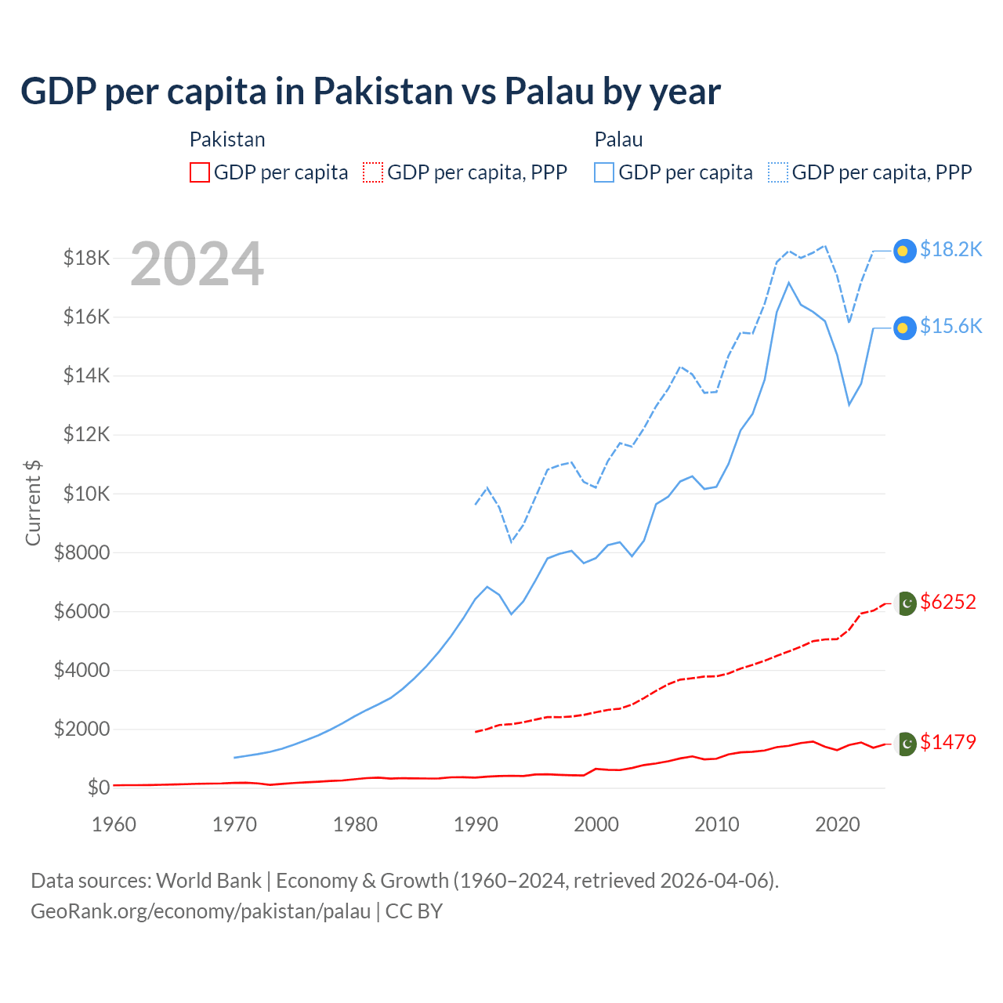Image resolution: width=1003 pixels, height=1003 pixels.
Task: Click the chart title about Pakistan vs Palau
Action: [x=370, y=91]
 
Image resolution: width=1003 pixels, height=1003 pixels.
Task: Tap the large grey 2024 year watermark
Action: [x=197, y=265]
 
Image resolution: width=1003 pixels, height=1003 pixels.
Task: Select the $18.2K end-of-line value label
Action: [x=950, y=249]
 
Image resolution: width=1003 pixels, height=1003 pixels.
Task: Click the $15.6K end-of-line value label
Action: [x=950, y=326]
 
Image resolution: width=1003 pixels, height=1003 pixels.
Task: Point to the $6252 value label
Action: [x=948, y=602]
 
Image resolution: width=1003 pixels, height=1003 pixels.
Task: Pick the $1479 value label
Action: [x=948, y=742]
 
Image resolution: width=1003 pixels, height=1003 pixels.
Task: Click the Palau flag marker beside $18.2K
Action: [x=904, y=250]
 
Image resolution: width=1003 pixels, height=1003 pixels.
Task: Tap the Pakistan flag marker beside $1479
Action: [x=906, y=743]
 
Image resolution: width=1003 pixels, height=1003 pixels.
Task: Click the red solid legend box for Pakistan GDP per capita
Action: [x=200, y=172]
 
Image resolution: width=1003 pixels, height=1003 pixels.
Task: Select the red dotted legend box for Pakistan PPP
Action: [x=373, y=172]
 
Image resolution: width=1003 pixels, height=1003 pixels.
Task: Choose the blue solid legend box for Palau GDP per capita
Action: [x=604, y=172]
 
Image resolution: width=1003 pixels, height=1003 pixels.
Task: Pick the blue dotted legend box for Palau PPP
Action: [x=778, y=172]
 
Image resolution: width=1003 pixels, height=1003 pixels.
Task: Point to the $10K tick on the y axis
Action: [x=81, y=494]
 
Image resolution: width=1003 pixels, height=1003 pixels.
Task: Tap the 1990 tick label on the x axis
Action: [x=476, y=824]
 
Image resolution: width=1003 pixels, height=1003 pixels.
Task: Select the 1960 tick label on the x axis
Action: [x=114, y=824]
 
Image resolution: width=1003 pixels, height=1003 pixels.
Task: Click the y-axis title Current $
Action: [x=33, y=503]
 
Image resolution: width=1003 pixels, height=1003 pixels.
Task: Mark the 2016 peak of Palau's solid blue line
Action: [x=788, y=282]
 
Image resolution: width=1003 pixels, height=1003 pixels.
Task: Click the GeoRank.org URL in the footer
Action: [x=201, y=911]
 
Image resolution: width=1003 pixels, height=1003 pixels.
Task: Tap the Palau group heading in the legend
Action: [x=618, y=139]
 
